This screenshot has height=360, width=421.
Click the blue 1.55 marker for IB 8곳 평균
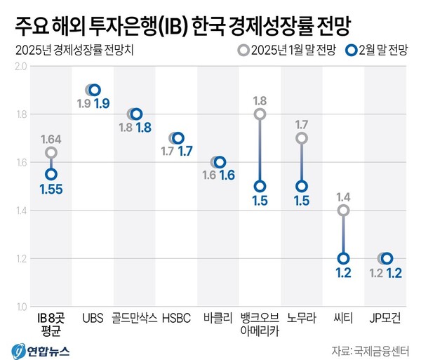pos(51,174)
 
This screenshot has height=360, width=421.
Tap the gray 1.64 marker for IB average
pos(51,152)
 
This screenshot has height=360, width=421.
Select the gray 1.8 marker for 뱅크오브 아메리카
pos(260,114)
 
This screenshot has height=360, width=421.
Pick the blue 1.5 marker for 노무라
pos(302,186)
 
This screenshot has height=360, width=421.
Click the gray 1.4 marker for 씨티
pos(343,210)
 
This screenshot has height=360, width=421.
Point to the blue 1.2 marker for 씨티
pos(343,258)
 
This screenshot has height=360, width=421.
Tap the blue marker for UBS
pos(95,90)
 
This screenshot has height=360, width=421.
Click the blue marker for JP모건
pos(387,258)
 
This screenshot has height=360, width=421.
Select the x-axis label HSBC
pos(177,317)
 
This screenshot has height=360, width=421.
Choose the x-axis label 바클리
pos(218,317)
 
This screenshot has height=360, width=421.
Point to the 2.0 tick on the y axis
pos(20,66)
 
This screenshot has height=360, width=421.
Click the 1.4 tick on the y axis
pos(20,211)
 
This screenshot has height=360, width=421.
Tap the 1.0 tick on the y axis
pos(20,307)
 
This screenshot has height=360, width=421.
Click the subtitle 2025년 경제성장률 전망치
pos(70,50)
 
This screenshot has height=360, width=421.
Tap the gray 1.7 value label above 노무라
pos(302,125)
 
